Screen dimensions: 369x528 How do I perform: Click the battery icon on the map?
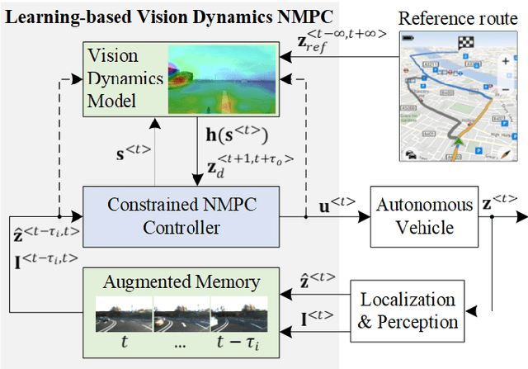(407, 38)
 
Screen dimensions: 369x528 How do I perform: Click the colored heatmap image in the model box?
(219, 79)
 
